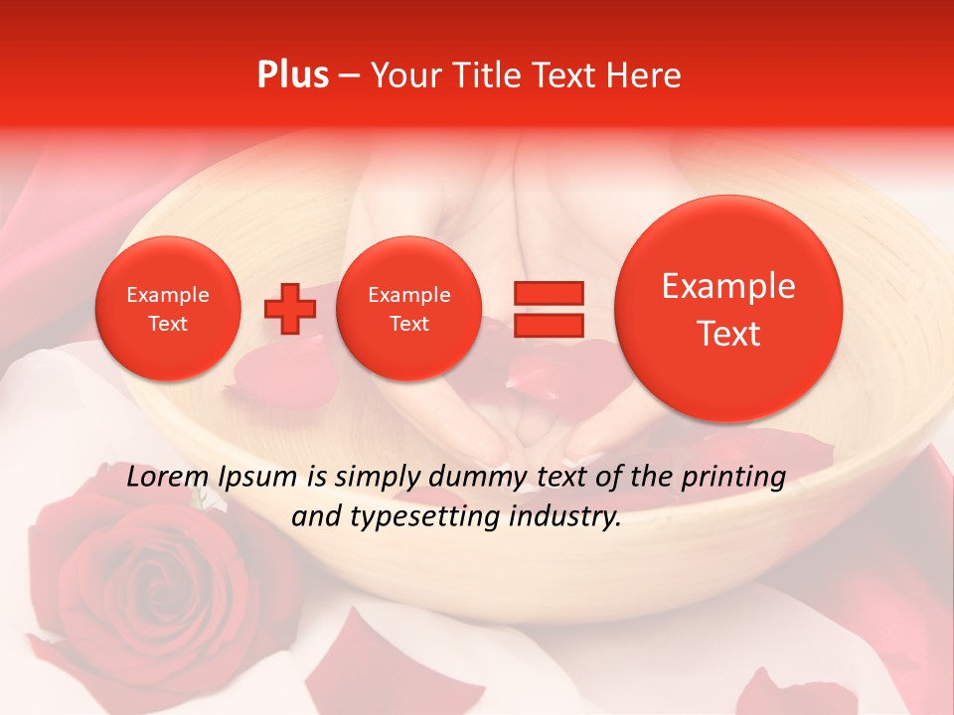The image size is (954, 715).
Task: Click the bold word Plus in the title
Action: (292, 75)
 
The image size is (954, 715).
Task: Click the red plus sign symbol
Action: (290, 309)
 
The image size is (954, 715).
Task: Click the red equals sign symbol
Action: (548, 309)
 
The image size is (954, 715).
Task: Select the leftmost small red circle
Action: (167, 309)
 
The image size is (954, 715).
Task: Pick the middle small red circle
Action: (408, 309)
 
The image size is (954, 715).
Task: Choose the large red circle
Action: (728, 309)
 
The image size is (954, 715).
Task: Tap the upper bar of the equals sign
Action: (548, 293)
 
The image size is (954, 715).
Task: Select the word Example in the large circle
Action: (728, 286)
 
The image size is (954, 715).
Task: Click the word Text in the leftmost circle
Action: (167, 324)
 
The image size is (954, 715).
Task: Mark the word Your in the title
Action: (401, 75)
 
